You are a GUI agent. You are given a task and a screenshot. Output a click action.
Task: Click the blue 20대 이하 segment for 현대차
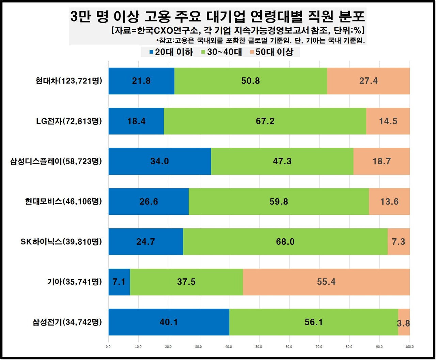pyautogui.click(x=141, y=81)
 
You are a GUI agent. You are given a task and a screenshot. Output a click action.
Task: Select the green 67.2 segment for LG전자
pyautogui.click(x=265, y=121)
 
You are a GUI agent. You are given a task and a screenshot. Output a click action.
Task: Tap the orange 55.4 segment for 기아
pyautogui.click(x=326, y=282)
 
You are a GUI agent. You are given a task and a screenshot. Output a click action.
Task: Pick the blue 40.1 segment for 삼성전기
pyautogui.click(x=169, y=322)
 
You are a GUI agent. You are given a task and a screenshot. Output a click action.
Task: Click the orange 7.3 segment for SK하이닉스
pyautogui.click(x=399, y=242)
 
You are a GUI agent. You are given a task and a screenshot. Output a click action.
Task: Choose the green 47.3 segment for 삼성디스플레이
pyautogui.click(x=282, y=161)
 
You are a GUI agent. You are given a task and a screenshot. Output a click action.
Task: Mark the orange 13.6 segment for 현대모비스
pyautogui.click(x=389, y=201)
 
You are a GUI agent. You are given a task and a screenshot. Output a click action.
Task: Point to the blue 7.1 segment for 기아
pyautogui.click(x=119, y=282)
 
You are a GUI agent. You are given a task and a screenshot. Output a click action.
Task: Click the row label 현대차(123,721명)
pyautogui.click(x=69, y=81)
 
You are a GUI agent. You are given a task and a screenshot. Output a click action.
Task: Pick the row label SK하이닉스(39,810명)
pyautogui.click(x=61, y=242)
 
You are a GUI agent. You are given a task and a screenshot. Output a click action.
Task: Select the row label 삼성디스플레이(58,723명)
pyautogui.click(x=56, y=161)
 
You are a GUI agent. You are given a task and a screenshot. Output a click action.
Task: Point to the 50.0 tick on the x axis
pyautogui.click(x=259, y=347)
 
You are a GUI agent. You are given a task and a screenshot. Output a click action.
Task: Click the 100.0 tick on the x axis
pyautogui.click(x=409, y=347)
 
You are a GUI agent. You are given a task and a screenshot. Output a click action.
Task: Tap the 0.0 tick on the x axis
pyautogui.click(x=108, y=347)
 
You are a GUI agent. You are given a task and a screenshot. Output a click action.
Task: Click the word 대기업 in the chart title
pyautogui.click(x=229, y=16)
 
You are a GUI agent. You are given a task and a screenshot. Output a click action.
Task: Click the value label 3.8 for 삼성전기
pyautogui.click(x=403, y=323)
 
